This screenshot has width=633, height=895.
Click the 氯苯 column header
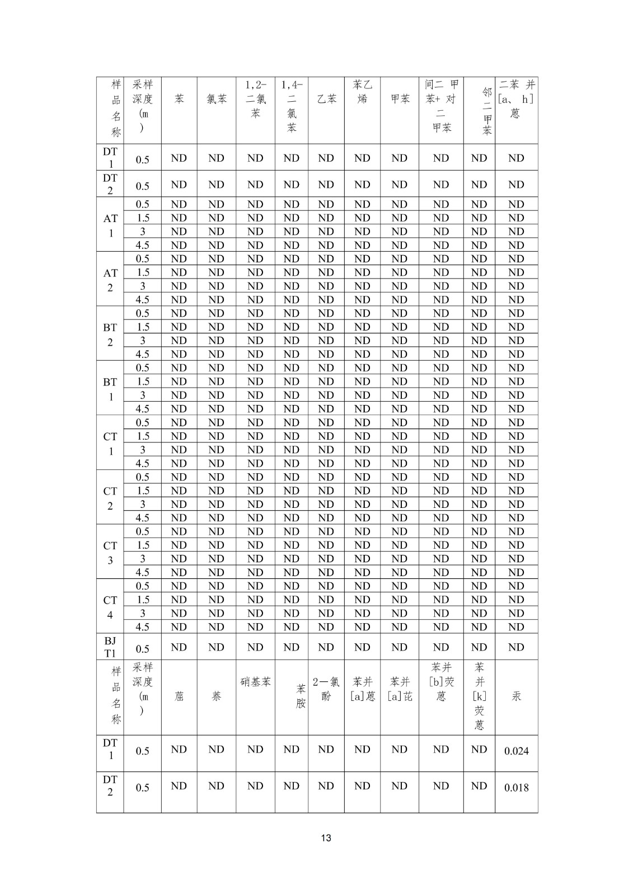click(216, 99)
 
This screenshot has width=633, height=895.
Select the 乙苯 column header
click(326, 99)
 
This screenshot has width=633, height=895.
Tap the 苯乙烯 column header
click(362, 92)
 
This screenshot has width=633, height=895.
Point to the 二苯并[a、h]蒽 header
click(516, 99)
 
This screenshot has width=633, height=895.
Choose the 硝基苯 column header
click(255, 682)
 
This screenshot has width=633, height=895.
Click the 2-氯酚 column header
click(326, 689)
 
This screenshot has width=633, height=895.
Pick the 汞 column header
click(516, 696)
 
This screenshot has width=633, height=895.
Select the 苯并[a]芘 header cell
click(400, 689)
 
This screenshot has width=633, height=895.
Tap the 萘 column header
click(216, 696)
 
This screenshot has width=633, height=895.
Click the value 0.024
click(516, 751)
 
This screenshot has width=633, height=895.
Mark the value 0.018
click(516, 788)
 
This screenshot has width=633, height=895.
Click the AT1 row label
click(110, 225)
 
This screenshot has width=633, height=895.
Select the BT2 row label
click(110, 334)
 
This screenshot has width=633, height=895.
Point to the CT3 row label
click(110, 552)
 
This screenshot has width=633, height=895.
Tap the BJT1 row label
click(110, 647)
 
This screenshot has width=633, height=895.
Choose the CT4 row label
click(110, 607)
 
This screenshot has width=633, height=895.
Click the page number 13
click(326, 838)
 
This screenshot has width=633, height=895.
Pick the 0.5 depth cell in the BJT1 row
click(143, 649)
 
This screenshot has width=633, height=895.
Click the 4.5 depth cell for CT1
click(143, 463)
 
